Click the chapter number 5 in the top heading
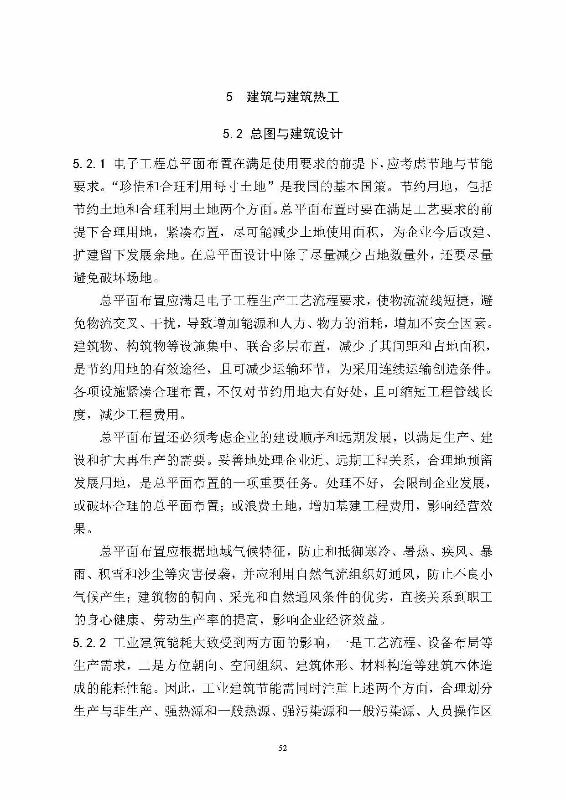point(229,97)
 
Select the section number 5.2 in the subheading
point(232,134)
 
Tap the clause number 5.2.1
point(89,164)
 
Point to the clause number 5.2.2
point(89,643)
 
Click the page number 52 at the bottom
point(283,748)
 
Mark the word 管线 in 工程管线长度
point(454,392)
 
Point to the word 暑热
point(416,551)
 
